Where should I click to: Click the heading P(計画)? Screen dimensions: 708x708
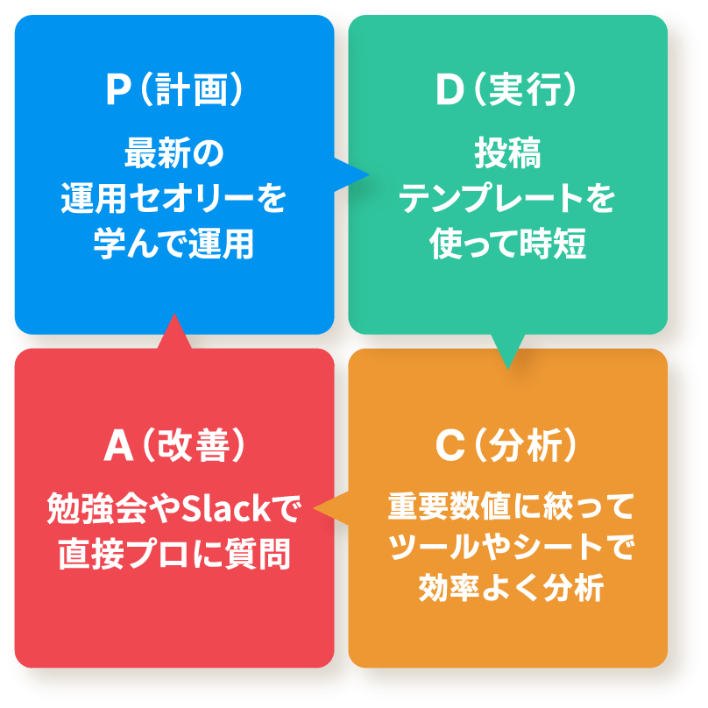pyautogui.click(x=174, y=89)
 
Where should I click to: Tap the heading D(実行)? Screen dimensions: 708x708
pyautogui.click(x=506, y=89)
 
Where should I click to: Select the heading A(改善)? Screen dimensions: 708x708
pyautogui.click(x=174, y=445)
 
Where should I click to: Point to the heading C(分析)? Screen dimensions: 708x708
pyautogui.click(x=506, y=445)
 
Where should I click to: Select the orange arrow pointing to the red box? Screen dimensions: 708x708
pyautogui.click(x=331, y=508)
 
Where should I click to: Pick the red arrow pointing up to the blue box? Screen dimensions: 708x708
pyautogui.click(x=174, y=331)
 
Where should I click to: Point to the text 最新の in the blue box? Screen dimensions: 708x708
pyautogui.click(x=174, y=153)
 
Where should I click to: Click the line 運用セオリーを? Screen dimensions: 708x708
pyautogui.click(x=174, y=198)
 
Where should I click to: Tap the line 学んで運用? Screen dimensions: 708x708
pyautogui.click(x=174, y=244)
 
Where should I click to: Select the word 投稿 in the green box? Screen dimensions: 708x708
pyautogui.click(x=507, y=153)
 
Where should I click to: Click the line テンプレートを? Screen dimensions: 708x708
pyautogui.click(x=507, y=198)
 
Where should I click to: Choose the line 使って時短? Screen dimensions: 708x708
pyautogui.click(x=507, y=244)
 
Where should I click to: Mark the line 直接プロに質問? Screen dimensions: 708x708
pyautogui.click(x=174, y=554)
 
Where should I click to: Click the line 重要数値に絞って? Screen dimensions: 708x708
pyautogui.click(x=511, y=506)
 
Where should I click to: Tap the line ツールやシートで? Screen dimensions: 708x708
pyautogui.click(x=511, y=547)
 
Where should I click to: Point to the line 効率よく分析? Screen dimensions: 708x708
pyautogui.click(x=511, y=587)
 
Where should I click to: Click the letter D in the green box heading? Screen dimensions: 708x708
pyautogui.click(x=450, y=89)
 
